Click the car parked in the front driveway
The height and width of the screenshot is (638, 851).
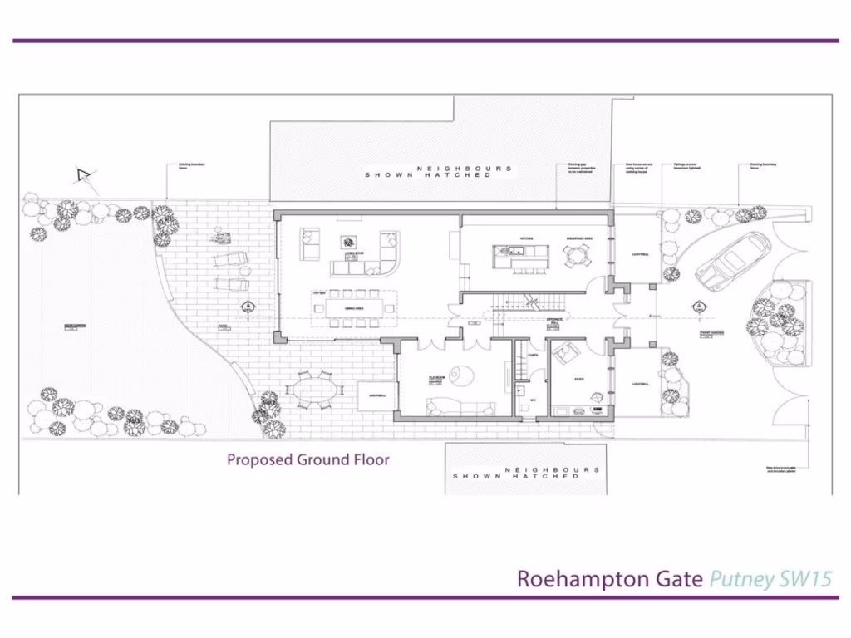[733, 260]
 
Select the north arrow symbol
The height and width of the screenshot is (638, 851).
[83, 175]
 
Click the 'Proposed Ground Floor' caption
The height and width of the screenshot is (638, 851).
[308, 459]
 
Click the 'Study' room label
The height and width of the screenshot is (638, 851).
[579, 380]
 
